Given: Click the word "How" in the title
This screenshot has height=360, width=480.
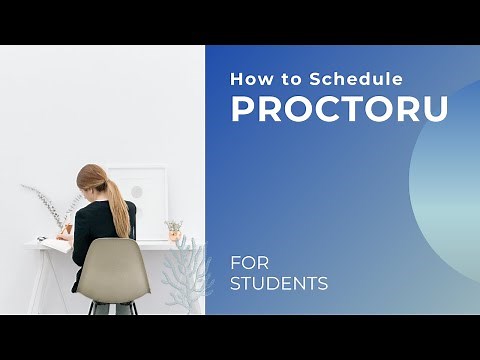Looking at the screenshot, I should [247, 78].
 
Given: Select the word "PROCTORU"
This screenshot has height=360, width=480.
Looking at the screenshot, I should [340, 109].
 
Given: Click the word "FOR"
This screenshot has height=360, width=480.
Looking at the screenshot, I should [250, 264].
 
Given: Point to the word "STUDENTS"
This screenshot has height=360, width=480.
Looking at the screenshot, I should [279, 284].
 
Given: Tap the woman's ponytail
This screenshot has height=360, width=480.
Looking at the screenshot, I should [119, 205].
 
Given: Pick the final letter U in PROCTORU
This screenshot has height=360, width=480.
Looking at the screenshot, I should [436, 109].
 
